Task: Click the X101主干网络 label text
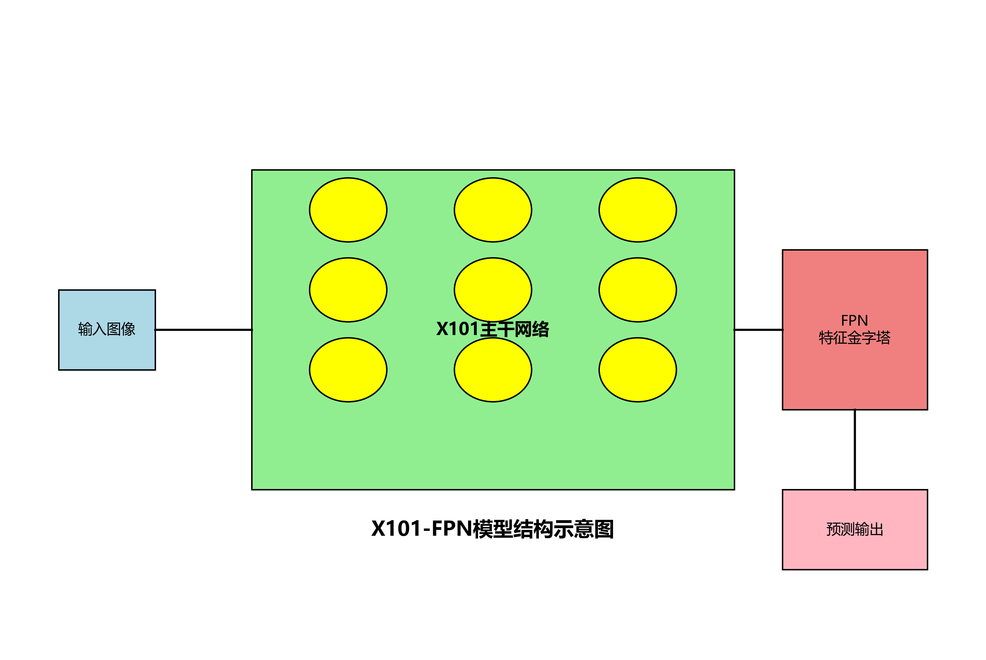[x=493, y=329]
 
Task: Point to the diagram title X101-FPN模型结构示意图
[x=493, y=529]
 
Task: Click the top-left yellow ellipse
[x=348, y=210]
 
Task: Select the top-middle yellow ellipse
[x=493, y=210]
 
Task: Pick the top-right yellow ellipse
[x=637, y=210]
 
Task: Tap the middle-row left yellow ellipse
[x=348, y=290]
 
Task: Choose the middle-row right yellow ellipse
[x=637, y=290]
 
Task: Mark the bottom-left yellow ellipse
[x=348, y=370]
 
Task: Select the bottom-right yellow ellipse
[x=637, y=370]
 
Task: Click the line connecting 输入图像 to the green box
[x=203, y=329]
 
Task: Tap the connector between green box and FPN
[x=758, y=329]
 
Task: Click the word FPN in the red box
[x=854, y=320]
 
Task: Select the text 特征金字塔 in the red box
[x=854, y=337]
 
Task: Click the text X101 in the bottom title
[x=396, y=529]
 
